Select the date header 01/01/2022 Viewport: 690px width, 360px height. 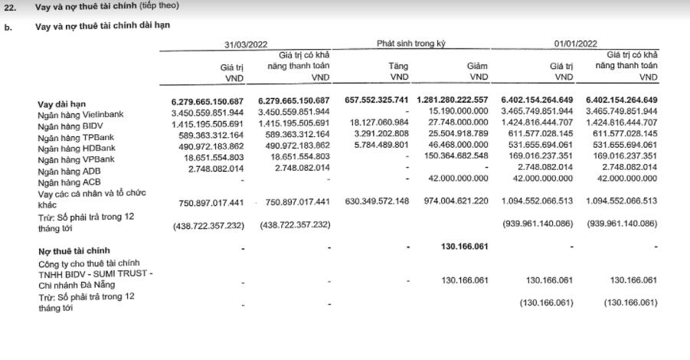coord(577,44)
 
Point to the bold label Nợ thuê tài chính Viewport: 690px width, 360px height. coord(74,250)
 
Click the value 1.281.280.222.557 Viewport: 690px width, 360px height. coord(453,100)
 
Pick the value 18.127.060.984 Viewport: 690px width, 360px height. coord(378,123)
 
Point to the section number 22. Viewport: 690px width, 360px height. coord(10,5)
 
